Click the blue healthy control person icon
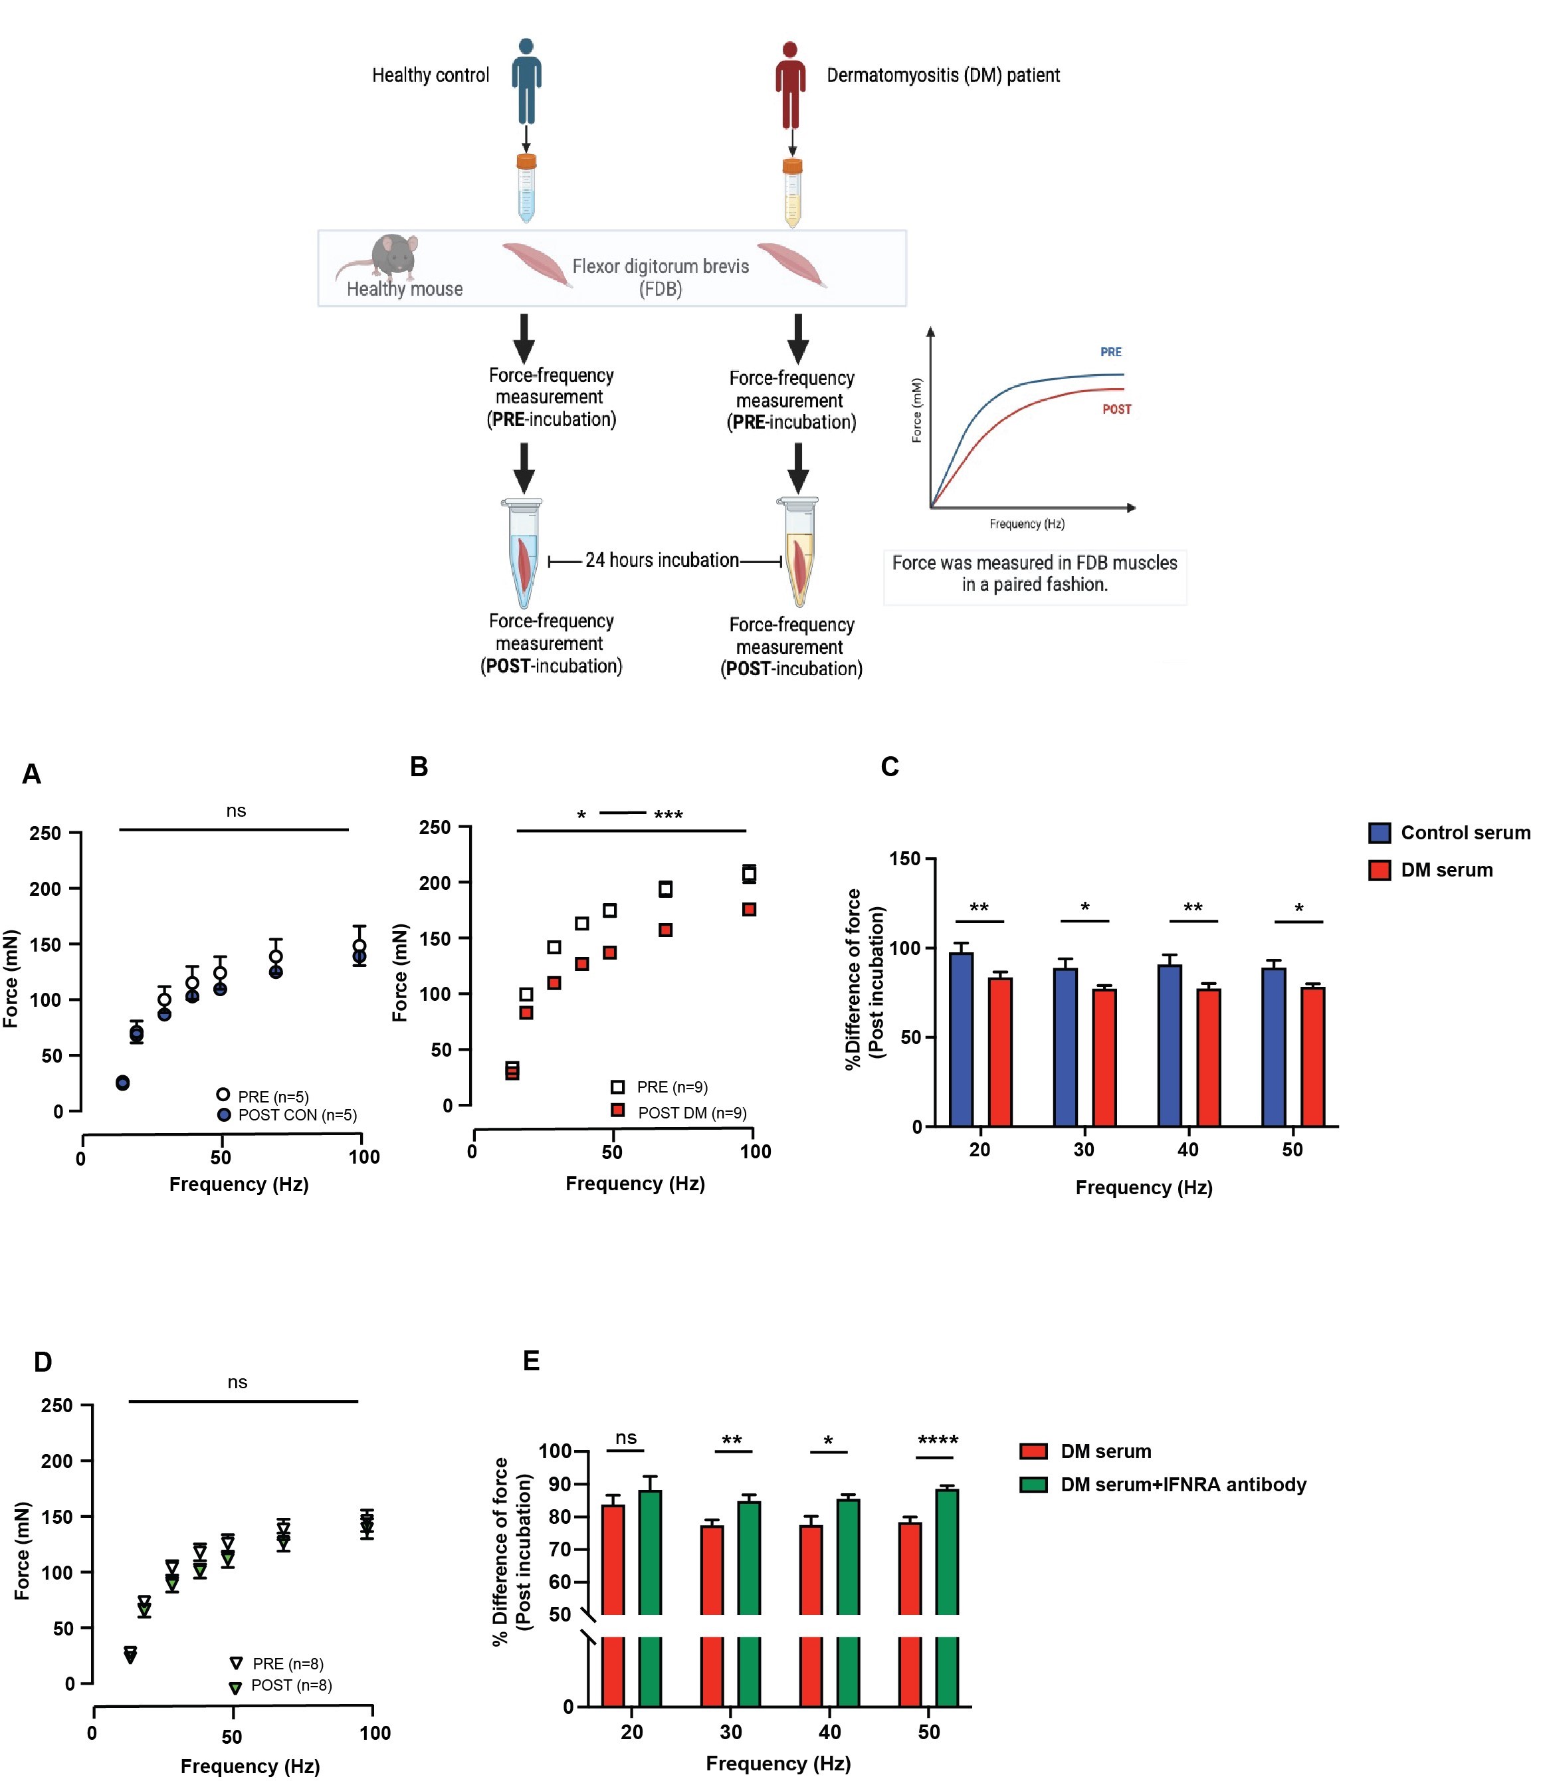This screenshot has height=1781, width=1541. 526,82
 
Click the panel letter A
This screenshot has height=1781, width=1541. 32,774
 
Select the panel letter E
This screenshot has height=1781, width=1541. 532,1360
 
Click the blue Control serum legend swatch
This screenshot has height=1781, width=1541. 1380,833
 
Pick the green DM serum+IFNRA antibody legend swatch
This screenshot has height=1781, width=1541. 1033,1485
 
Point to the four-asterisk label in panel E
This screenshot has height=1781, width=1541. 938,1439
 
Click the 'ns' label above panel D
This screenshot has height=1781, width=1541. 237,1382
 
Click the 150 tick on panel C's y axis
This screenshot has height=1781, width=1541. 904,858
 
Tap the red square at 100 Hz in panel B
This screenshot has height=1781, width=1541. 749,910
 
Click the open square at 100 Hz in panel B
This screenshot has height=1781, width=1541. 749,874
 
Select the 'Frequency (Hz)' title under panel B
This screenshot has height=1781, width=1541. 635,1184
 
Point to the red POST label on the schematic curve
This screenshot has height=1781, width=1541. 1116,409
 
